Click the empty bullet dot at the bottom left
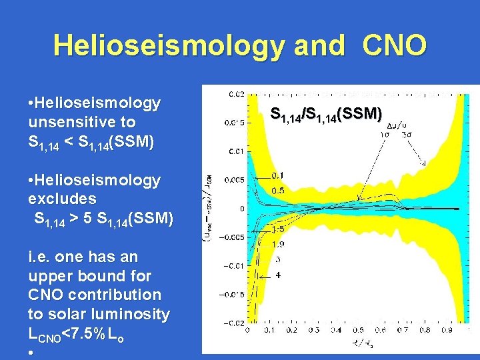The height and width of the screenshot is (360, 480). (31, 351)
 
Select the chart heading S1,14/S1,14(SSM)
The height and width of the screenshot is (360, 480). (326, 114)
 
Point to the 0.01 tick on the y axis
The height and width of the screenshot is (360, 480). (236, 151)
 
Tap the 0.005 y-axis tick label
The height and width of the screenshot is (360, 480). (234, 180)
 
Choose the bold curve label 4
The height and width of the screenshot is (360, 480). (277, 276)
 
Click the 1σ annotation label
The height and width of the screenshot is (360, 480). (385, 133)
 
